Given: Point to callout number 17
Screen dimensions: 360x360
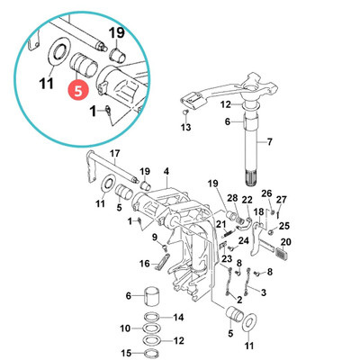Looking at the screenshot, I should [114, 154].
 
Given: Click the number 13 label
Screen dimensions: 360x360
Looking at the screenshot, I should [186, 129].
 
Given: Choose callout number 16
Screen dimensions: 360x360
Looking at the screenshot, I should [144, 264].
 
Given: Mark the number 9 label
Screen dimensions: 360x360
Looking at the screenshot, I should [155, 237].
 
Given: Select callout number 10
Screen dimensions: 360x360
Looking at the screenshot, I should [125, 328].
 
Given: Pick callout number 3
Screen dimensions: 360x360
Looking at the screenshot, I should [263, 292].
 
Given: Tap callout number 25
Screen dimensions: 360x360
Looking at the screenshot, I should [284, 225].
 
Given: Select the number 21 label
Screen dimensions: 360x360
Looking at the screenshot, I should [221, 224].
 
